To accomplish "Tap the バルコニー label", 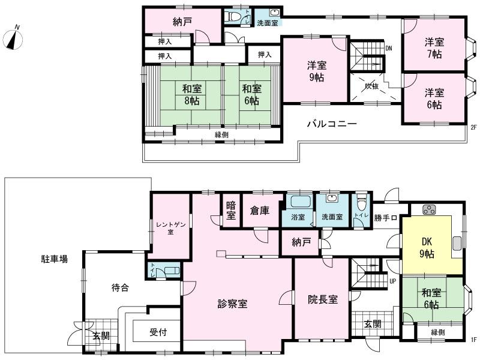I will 332,124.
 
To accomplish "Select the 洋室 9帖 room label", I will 316,71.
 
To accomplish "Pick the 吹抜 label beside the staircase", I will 372,86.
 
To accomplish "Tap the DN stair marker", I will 389,49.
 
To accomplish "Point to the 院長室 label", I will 323,299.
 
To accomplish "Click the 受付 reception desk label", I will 158,331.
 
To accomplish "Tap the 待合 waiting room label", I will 120,287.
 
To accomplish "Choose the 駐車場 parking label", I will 54,259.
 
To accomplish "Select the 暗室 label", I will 230,212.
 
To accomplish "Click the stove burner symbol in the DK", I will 430,209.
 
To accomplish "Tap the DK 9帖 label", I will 428,247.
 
